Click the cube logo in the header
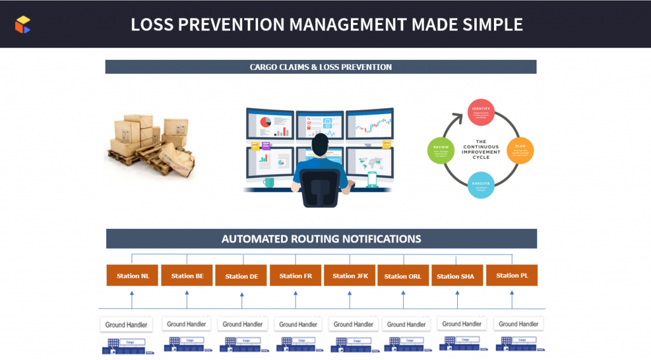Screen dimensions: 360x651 pyautogui.click(x=23, y=24)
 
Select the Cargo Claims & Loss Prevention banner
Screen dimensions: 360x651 pyautogui.click(x=320, y=67)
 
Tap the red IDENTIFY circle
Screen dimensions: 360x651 pyautogui.click(x=481, y=111)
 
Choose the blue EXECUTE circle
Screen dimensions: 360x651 pyautogui.click(x=481, y=185)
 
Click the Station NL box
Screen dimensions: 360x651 pyautogui.click(x=132, y=275)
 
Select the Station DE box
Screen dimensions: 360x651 pyautogui.click(x=241, y=276)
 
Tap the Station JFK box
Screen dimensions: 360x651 pyautogui.click(x=350, y=275)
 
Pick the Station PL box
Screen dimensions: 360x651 pyautogui.click(x=512, y=275)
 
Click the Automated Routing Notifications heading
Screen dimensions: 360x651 pyautogui.click(x=321, y=239)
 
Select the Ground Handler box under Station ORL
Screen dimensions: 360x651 pyautogui.click(x=405, y=324)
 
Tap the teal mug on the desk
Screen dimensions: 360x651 pyautogui.click(x=269, y=183)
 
